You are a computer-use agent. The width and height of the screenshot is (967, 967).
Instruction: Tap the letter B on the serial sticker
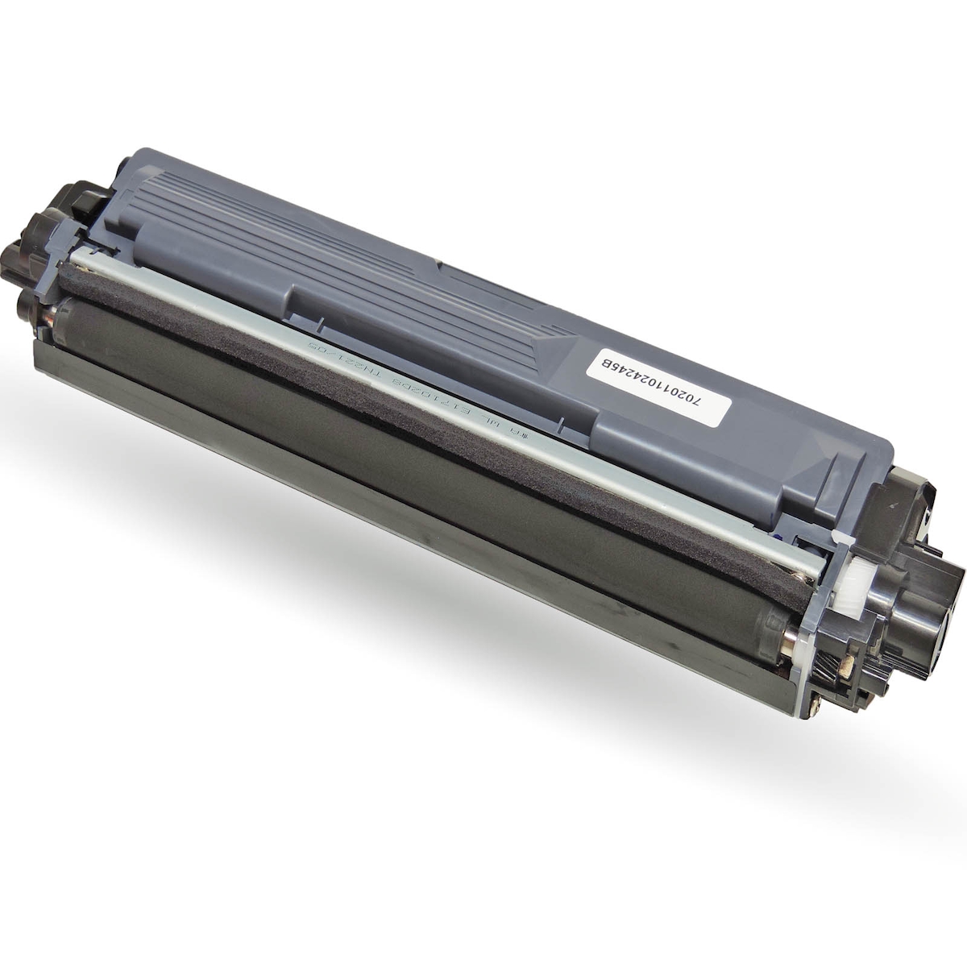[600, 362]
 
